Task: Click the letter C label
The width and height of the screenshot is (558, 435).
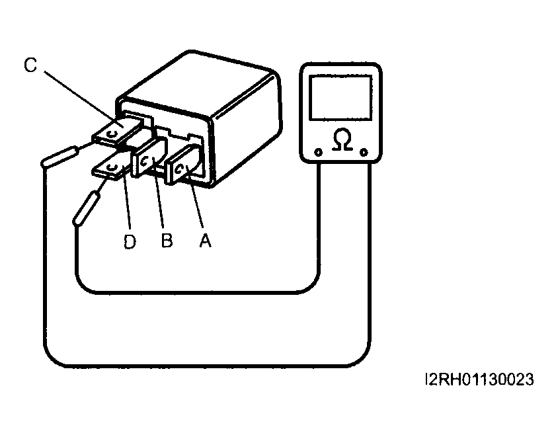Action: [x=30, y=65]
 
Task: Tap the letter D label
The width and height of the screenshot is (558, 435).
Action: [x=130, y=242]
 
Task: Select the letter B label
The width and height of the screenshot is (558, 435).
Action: [x=167, y=241]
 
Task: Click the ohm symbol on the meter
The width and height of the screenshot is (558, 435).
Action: [x=341, y=140]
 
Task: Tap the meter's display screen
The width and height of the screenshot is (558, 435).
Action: [x=340, y=97]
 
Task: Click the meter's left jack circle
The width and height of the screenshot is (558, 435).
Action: [x=319, y=152]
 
